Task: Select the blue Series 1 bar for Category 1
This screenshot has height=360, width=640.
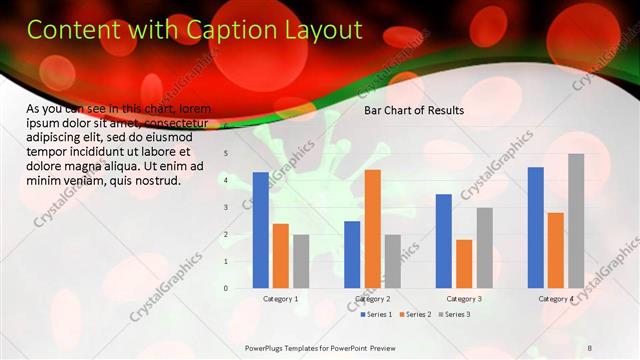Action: (x=261, y=230)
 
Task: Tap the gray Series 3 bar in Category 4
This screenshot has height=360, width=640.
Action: (x=576, y=221)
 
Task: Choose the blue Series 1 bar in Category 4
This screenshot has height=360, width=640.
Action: (x=535, y=228)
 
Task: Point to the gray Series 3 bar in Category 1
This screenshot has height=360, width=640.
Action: (x=301, y=261)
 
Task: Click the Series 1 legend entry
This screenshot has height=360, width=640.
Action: (x=376, y=315)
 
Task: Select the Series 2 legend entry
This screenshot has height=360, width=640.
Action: (x=417, y=315)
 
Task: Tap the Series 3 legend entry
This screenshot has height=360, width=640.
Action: (x=457, y=315)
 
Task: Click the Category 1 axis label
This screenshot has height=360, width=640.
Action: (x=280, y=299)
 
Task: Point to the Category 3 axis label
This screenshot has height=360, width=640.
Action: (x=464, y=299)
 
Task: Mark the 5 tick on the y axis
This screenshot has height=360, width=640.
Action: (x=226, y=154)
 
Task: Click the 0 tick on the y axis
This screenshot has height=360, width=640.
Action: (x=226, y=288)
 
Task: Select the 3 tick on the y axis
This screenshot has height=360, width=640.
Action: (x=226, y=208)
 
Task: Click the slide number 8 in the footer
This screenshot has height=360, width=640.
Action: (x=590, y=347)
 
